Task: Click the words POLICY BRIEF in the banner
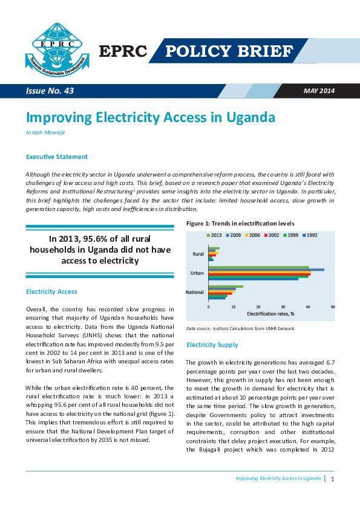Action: (x=238, y=51)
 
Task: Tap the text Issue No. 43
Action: (x=50, y=91)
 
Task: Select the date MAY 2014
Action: (x=318, y=91)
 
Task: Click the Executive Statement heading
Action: (x=57, y=157)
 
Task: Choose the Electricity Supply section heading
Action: (x=212, y=345)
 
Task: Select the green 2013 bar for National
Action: (x=226, y=287)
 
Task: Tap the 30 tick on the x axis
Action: (x=283, y=306)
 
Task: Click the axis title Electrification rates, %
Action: (x=270, y=314)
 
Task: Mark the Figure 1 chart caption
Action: (x=231, y=224)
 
